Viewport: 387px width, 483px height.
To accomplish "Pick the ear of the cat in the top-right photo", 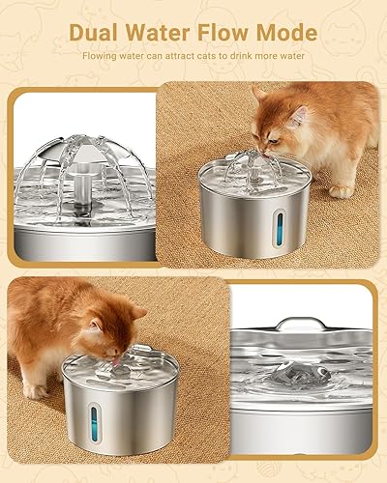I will pos(259,95).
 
